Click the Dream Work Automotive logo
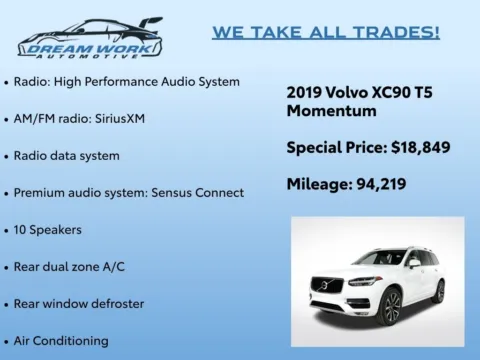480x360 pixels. click(90, 37)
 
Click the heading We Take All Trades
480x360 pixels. click(325, 32)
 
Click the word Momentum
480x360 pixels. click(324, 111)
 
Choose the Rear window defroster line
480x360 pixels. click(79, 303)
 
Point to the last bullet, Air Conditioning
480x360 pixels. click(61, 341)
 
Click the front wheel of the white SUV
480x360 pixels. click(391, 307)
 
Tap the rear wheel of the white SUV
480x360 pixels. click(439, 291)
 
